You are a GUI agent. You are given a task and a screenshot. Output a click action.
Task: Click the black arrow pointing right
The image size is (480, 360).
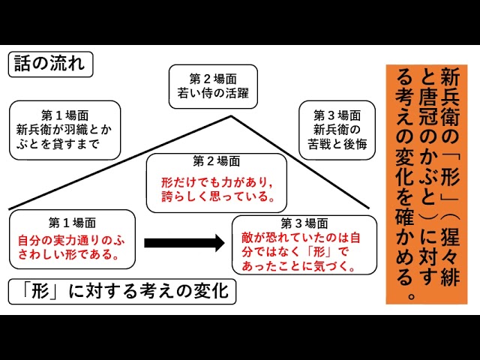click(184, 242)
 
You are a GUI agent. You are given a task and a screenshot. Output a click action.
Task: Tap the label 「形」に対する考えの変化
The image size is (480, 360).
click(122, 290)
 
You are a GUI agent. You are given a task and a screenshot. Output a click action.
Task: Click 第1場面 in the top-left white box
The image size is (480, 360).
click(65, 115)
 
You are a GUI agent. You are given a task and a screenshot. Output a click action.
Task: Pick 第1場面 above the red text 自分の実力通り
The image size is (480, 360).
click(72, 223)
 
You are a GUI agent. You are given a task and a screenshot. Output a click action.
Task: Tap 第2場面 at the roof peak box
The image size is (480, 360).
click(213, 78)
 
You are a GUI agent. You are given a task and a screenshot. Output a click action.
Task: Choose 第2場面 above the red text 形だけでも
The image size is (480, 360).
click(216, 163)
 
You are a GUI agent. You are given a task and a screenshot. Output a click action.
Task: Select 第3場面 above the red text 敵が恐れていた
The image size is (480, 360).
click(304, 223)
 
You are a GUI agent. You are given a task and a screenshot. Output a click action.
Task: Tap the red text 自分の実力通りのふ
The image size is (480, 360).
click(72, 240)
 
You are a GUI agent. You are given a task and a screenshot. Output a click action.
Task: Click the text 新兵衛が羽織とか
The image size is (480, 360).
click(65, 130)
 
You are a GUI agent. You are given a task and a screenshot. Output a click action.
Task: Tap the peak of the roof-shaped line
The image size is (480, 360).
click(229, 115)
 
